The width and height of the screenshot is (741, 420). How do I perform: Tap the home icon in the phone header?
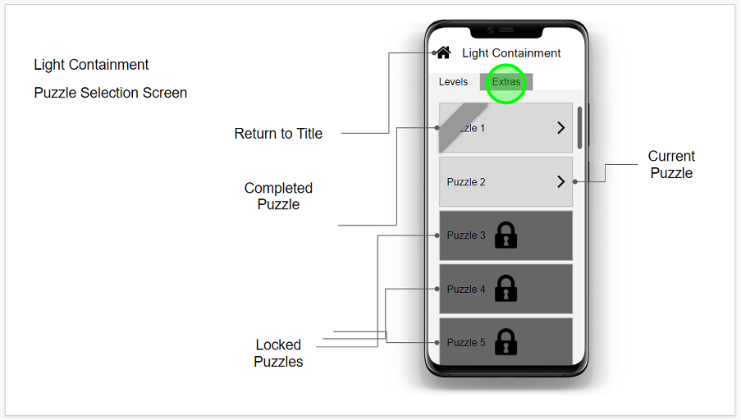point(443,52)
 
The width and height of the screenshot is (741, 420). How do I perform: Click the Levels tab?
point(453,82)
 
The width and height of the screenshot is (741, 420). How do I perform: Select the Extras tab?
point(506,82)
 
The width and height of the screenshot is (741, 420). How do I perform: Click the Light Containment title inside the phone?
point(511,53)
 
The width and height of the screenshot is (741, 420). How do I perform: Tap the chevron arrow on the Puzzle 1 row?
point(561,128)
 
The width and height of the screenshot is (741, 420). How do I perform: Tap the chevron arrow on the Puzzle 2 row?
point(561,182)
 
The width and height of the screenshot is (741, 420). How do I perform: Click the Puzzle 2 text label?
point(466,182)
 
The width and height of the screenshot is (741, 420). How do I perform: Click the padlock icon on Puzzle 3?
point(506,235)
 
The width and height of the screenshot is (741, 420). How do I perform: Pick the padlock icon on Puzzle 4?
point(506,289)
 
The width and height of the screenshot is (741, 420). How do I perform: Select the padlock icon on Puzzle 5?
point(506,342)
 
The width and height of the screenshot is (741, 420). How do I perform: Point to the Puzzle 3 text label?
point(466,235)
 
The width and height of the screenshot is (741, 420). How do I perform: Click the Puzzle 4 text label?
point(466,290)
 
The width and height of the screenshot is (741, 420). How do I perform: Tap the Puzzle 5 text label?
point(466,343)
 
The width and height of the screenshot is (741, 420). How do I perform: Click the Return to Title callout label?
point(278,134)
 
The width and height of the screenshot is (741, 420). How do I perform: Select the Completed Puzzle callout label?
point(278,196)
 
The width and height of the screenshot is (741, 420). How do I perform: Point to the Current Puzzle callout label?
point(671,164)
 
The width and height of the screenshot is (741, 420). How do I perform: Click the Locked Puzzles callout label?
point(278,353)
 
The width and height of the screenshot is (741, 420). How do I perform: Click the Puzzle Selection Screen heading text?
point(111,93)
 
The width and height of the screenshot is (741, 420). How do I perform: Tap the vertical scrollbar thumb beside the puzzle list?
point(580,127)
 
